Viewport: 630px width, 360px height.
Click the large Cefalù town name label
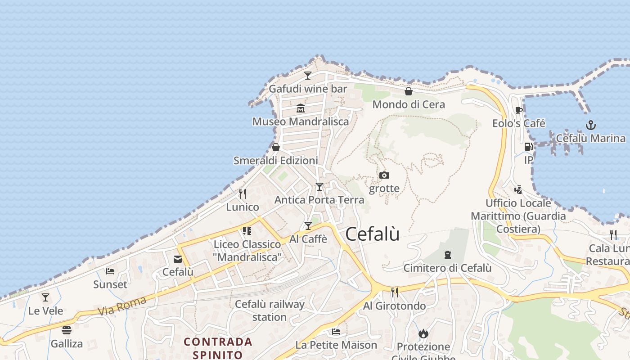372,234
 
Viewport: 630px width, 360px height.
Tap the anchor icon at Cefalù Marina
590,125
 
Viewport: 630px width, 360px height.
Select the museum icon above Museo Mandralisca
301,108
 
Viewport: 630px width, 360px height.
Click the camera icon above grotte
384,175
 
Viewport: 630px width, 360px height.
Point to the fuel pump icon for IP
528,147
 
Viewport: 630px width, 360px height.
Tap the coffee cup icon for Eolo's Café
519,110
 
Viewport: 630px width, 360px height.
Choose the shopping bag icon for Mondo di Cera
409,91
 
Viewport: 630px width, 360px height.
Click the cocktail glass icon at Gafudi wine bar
308,75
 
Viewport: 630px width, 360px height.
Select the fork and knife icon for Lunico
243,193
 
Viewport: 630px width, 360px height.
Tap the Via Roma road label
121,306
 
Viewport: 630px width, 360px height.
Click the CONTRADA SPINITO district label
218,348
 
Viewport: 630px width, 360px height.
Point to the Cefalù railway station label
270,310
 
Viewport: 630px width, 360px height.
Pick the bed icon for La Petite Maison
336,332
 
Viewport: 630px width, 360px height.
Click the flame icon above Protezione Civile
423,333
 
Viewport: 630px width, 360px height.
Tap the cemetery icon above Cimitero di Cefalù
447,255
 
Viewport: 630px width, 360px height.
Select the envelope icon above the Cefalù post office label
178,259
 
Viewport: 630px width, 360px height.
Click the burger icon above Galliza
67,330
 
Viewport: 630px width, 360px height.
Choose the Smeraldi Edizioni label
275,161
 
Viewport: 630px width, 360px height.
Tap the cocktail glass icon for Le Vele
45,297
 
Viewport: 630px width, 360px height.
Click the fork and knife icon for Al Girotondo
394,292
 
